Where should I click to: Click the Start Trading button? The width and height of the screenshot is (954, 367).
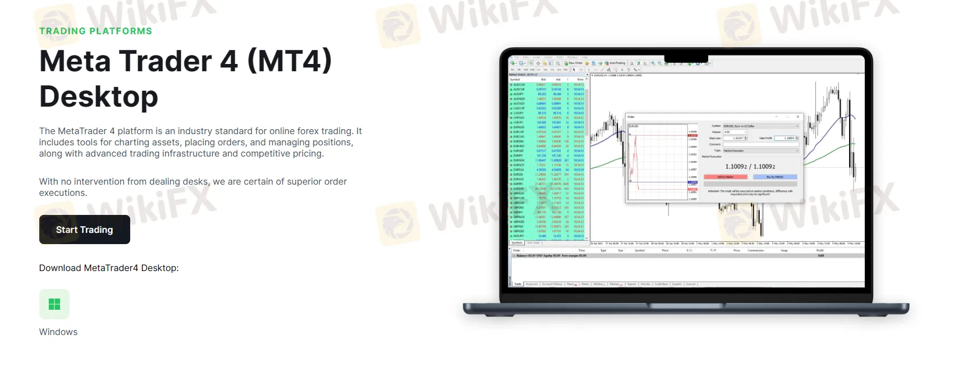(x=84, y=230)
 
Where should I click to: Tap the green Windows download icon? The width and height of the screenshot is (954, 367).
(x=54, y=304)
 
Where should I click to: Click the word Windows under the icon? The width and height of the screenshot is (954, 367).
(x=58, y=332)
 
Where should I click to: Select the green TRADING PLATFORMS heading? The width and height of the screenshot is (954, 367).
(x=95, y=31)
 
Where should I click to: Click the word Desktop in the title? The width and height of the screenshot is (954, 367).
(x=99, y=97)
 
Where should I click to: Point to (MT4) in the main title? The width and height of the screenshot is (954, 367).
(x=290, y=61)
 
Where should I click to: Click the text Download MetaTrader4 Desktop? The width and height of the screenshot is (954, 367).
(x=109, y=268)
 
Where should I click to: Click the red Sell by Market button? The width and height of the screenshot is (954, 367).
(x=725, y=177)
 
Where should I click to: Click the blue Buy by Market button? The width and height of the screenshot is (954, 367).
(x=774, y=177)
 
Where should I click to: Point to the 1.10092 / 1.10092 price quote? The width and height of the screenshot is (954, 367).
(x=750, y=167)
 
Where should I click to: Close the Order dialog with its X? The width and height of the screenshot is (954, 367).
(x=798, y=117)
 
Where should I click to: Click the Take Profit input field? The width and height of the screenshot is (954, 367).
(x=786, y=138)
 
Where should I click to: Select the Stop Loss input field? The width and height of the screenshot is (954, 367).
(x=735, y=138)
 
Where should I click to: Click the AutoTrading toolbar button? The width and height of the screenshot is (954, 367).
(x=615, y=63)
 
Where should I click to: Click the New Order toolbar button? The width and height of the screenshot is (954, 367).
(x=574, y=63)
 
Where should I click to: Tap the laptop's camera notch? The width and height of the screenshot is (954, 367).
(x=686, y=58)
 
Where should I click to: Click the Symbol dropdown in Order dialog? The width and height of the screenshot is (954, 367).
(x=760, y=126)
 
